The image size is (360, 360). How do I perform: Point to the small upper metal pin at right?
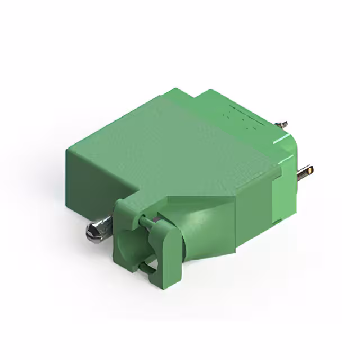click(x=283, y=124)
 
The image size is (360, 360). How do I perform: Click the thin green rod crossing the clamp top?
click(x=148, y=223)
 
